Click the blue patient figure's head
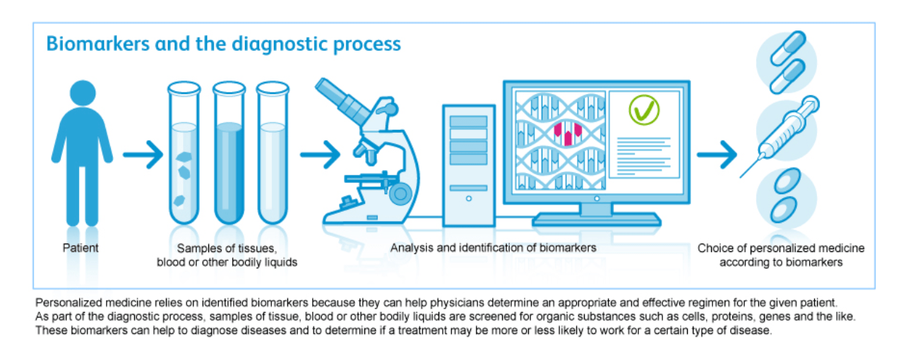pyautogui.click(x=82, y=93)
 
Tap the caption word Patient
pyautogui.click(x=81, y=248)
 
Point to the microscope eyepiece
pyautogui.click(x=333, y=92)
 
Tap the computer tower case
pyautogui.click(x=469, y=162)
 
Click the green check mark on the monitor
pyautogui.click(x=643, y=109)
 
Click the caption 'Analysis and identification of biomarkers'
pyautogui.click(x=494, y=248)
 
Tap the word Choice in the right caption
pyautogui.click(x=713, y=248)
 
